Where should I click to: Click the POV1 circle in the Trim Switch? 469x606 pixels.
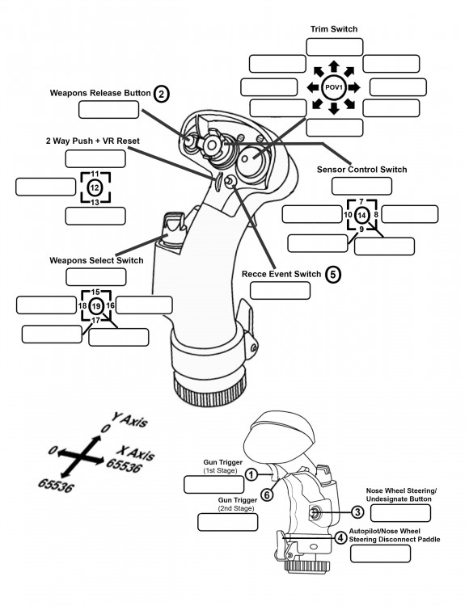pyautogui.click(x=334, y=86)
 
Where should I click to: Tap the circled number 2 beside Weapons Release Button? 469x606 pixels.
pyautogui.click(x=162, y=94)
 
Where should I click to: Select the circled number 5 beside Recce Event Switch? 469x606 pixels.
pyautogui.click(x=332, y=274)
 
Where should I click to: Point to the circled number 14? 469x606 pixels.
pyautogui.click(x=362, y=214)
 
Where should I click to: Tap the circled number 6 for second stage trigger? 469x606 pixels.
pyautogui.click(x=265, y=494)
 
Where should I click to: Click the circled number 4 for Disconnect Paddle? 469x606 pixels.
pyautogui.click(x=341, y=537)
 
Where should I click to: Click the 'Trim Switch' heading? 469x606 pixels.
pyautogui.click(x=333, y=29)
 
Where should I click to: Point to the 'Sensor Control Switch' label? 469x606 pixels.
pyautogui.click(x=361, y=170)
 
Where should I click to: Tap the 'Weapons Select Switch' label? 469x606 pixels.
pyautogui.click(x=96, y=260)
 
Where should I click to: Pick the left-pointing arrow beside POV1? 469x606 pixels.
pyautogui.click(x=311, y=86)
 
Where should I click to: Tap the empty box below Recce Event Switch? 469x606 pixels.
pyautogui.click(x=280, y=290)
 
